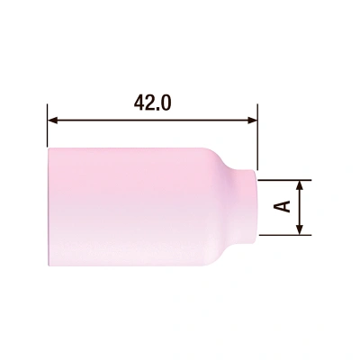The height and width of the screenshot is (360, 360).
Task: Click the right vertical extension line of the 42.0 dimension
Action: pos(258,135)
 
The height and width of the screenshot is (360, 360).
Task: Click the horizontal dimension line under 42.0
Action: pos(153,118)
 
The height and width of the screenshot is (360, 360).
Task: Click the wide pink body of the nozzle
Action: pos(126,207)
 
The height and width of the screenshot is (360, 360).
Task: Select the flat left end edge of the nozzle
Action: pos(49,207)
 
